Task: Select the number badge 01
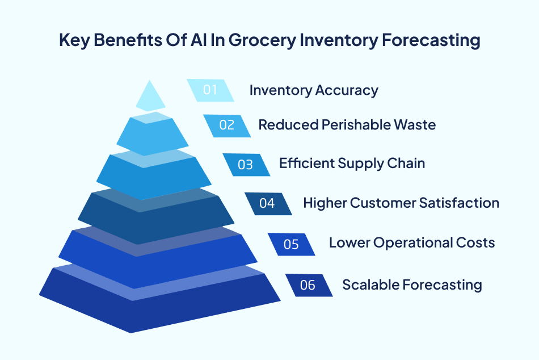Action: [210, 90]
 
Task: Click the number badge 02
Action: [227, 125]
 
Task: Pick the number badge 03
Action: [246, 165]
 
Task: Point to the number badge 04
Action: [267, 203]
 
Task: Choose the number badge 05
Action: [291, 244]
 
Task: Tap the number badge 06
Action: [308, 285]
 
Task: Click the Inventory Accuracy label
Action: [314, 90]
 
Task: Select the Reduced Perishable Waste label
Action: [347, 125]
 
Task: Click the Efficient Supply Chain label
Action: [352, 164]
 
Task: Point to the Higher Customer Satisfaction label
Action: [401, 203]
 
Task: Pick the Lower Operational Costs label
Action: [412, 243]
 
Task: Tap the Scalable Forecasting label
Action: [412, 284]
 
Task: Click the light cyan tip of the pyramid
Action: [150, 97]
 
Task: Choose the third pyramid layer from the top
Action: [153, 176]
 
